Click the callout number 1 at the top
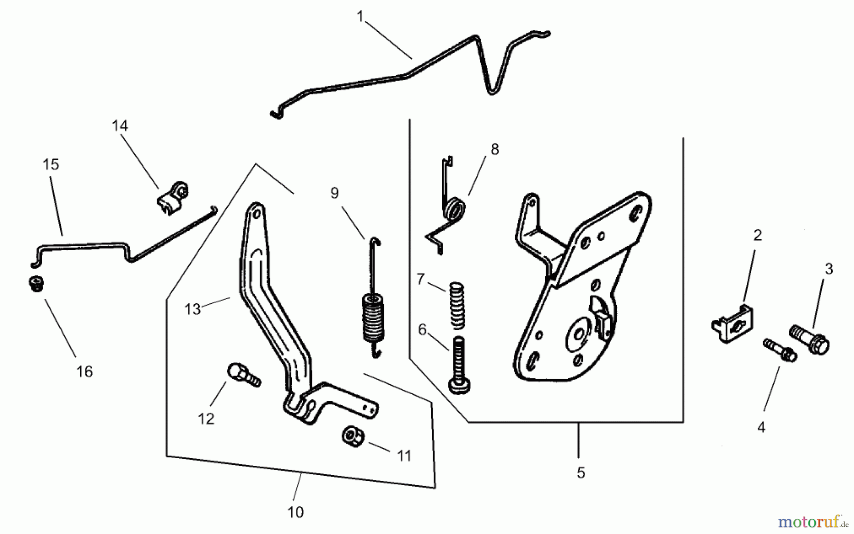(360, 17)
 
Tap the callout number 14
(120, 126)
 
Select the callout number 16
(84, 371)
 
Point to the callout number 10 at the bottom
(295, 512)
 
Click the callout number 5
(581, 472)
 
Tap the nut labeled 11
(352, 435)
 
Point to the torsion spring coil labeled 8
(455, 209)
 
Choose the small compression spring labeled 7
(456, 305)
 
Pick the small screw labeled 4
(779, 350)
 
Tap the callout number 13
(193, 309)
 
